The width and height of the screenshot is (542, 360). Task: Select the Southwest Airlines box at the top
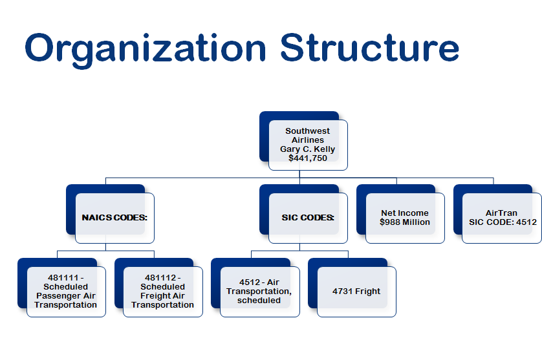pyautogui.click(x=308, y=144)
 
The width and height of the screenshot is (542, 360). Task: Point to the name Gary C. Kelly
pyautogui.click(x=308, y=149)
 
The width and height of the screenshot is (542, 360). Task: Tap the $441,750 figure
pyautogui.click(x=308, y=158)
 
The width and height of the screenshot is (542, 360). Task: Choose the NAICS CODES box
pyautogui.click(x=114, y=218)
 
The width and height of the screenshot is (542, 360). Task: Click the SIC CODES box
pyautogui.click(x=308, y=218)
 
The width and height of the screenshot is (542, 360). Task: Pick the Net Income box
pyautogui.click(x=405, y=218)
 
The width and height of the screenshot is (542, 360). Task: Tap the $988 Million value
pyautogui.click(x=405, y=222)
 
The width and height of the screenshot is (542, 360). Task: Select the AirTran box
pyautogui.click(x=502, y=218)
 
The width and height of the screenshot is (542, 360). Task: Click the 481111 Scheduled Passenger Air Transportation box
pyautogui.click(x=66, y=291)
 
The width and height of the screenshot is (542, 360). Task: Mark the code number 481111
pyautogui.click(x=61, y=278)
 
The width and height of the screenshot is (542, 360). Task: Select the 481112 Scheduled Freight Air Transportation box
pyautogui.click(x=163, y=291)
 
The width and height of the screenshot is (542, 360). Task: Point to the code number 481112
pyautogui.click(x=158, y=278)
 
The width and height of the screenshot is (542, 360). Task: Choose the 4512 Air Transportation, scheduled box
pyautogui.click(x=259, y=291)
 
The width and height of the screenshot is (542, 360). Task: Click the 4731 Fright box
pyautogui.click(x=356, y=291)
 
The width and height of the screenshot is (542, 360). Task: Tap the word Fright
pyautogui.click(x=367, y=291)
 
